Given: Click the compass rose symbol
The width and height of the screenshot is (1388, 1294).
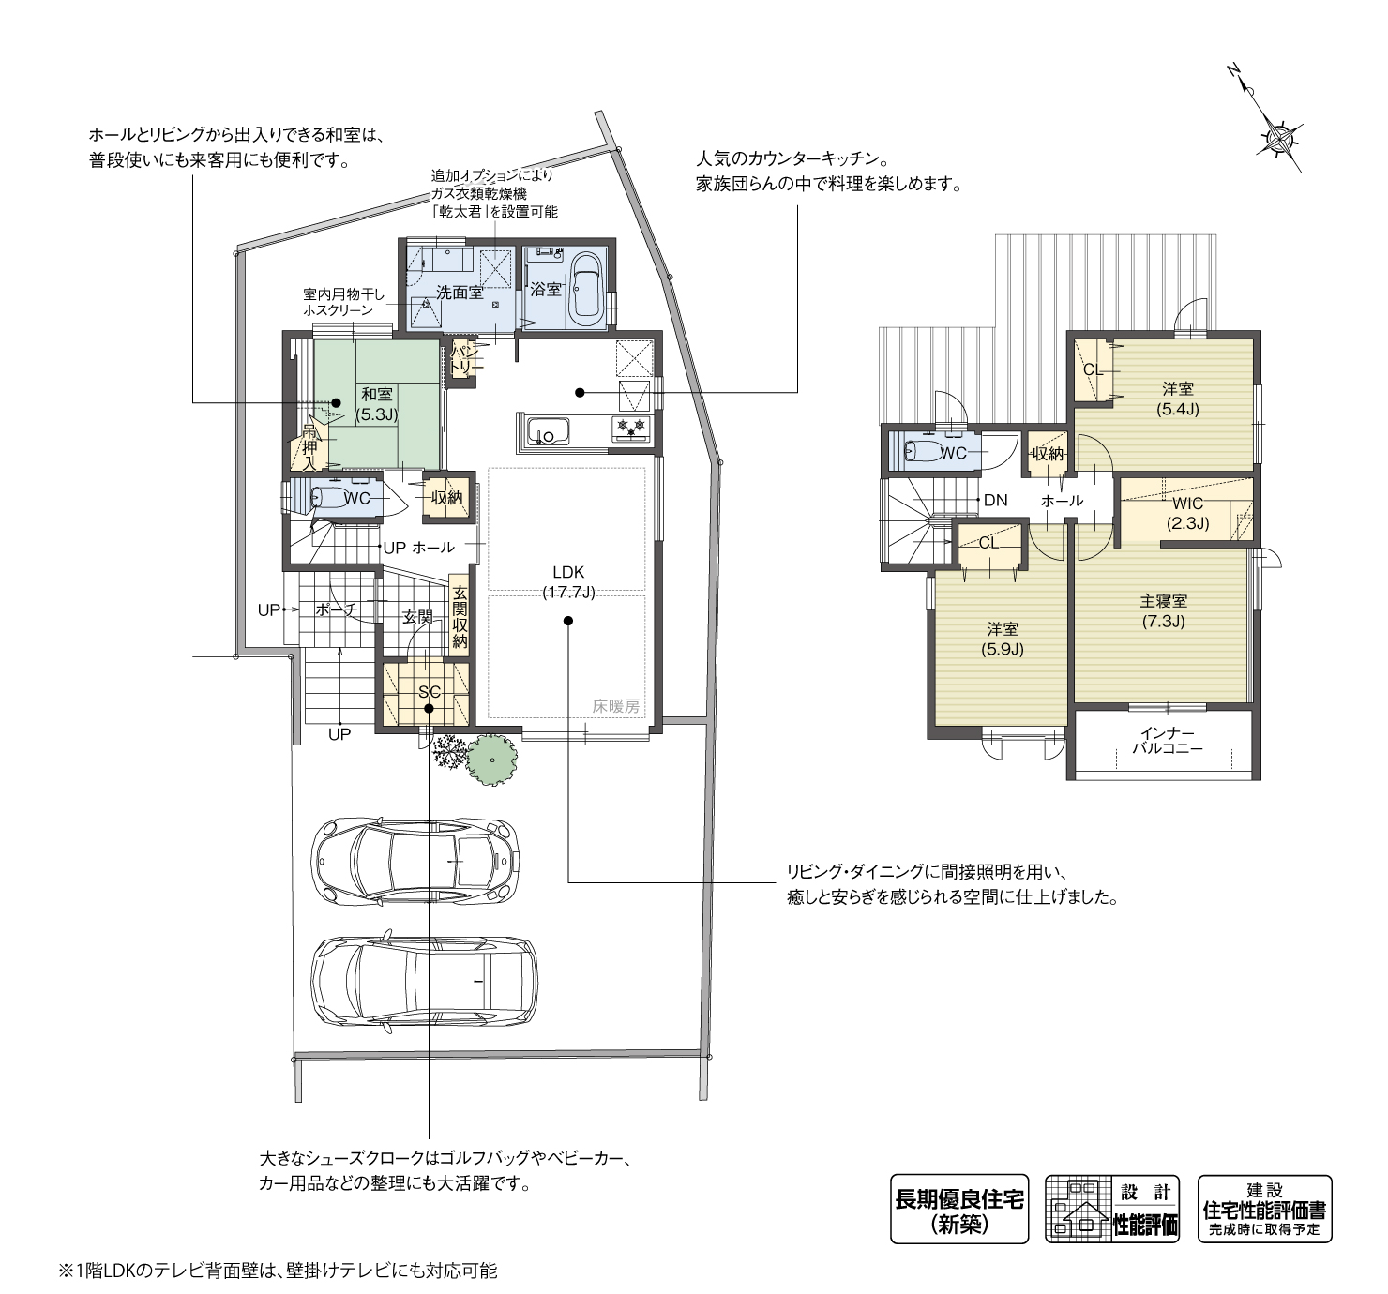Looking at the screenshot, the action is (1283, 139).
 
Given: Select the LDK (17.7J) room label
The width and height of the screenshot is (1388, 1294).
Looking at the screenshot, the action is (568, 582).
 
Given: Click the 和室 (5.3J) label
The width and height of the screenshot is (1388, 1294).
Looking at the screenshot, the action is (377, 404).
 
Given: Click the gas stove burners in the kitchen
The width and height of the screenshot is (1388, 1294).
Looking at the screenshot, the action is (631, 428).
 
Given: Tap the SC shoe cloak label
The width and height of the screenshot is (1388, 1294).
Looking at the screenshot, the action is (430, 692).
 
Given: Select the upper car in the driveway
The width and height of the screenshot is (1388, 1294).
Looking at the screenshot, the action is (415, 862).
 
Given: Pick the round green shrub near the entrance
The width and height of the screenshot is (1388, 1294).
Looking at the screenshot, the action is (492, 760).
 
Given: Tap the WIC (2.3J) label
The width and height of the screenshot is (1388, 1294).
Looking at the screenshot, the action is (1187, 513).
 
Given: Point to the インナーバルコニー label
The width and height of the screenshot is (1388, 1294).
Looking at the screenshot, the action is (1168, 741).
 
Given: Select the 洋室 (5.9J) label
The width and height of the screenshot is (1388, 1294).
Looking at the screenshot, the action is (1003, 639).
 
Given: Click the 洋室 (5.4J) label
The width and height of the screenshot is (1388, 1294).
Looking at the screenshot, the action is (1178, 399).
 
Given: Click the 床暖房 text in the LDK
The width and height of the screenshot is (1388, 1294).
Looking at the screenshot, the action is (616, 706).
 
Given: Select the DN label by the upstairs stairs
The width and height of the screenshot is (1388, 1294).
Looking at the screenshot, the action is (996, 500).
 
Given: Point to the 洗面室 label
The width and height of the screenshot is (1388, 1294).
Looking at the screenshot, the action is (460, 293).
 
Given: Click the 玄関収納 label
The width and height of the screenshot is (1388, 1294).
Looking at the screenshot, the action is (460, 617).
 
